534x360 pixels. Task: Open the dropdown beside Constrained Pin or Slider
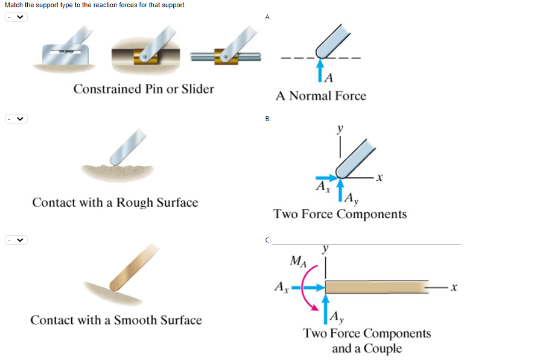[x=16, y=17]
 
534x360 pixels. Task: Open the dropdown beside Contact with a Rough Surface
[x=16, y=119]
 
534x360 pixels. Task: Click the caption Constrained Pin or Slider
[x=144, y=89]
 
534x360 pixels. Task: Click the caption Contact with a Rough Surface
[x=115, y=203]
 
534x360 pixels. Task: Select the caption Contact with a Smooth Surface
[x=116, y=320]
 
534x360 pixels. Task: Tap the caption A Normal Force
[x=320, y=96]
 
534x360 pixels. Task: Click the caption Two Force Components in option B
[x=340, y=214]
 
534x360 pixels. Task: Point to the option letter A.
[x=268, y=17]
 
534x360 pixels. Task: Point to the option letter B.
[x=268, y=119]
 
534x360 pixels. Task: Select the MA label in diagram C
[x=298, y=261]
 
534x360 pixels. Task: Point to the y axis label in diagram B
[x=341, y=128]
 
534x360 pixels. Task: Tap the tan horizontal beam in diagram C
[x=377, y=288]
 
